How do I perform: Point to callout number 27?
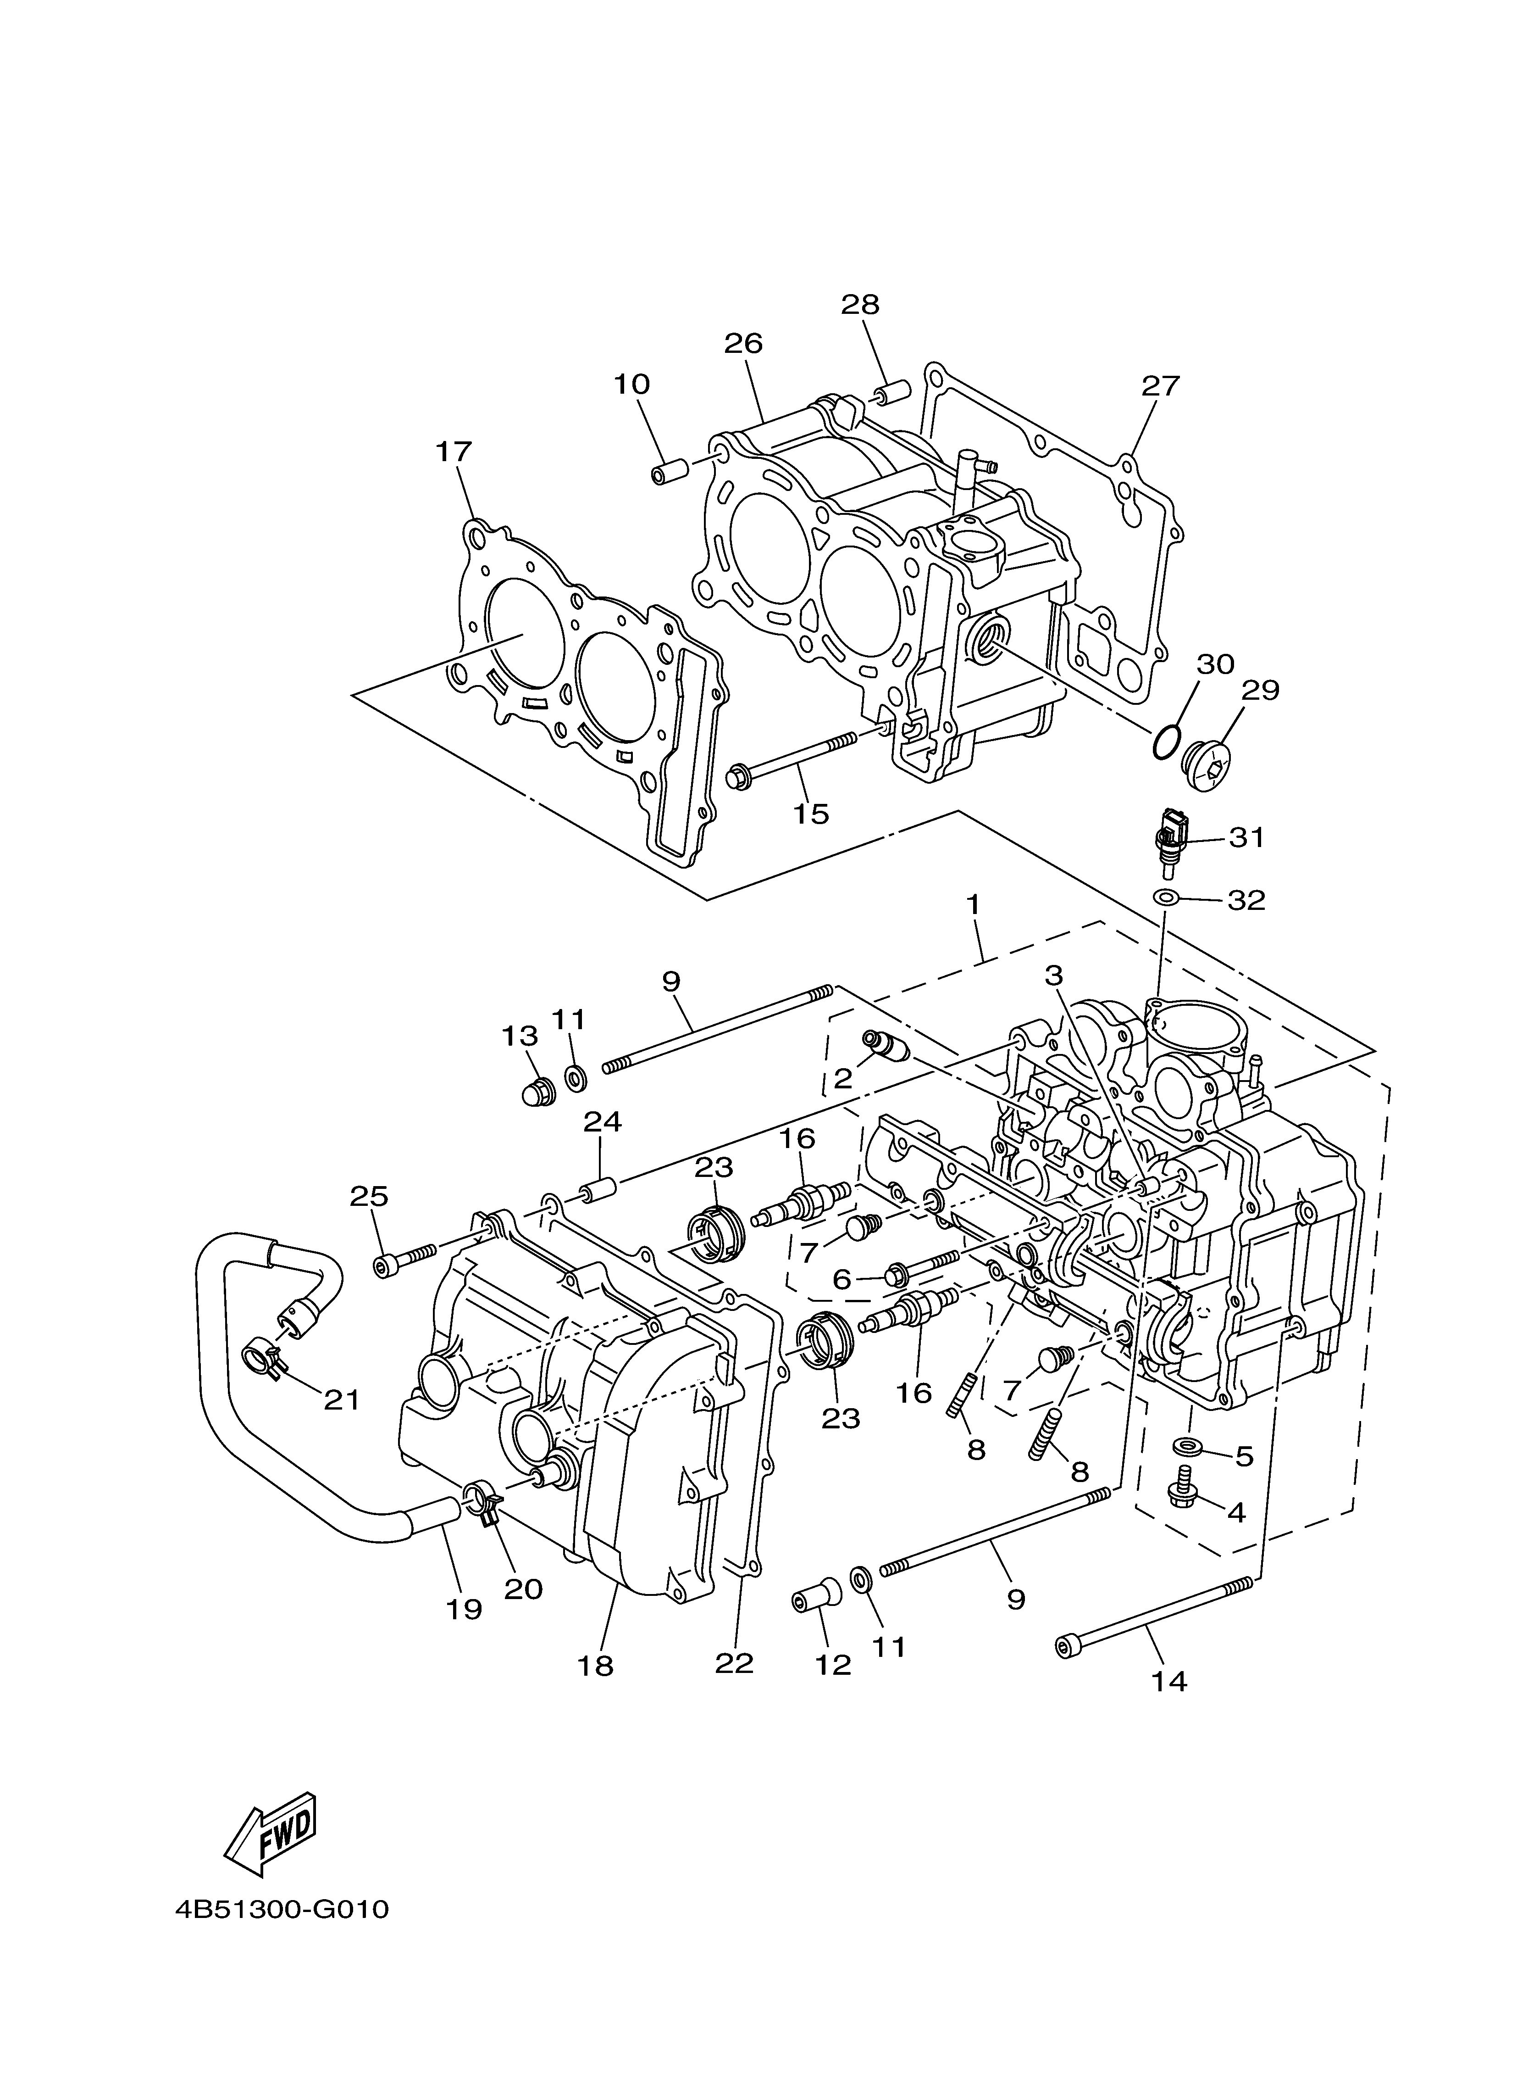coord(1160,385)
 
